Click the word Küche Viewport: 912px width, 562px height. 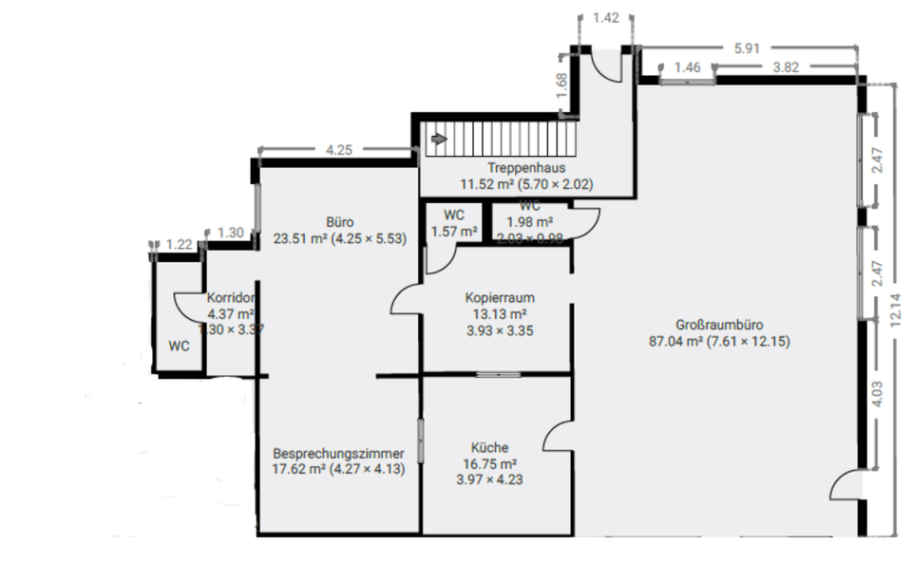pos(489,447)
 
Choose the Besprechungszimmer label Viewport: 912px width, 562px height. pos(338,453)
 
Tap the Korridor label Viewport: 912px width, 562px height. pos(230,297)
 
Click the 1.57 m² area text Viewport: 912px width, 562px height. pos(451,231)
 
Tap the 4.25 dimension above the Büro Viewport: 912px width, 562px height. pos(339,149)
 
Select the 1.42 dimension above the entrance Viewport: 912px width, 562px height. pos(605,17)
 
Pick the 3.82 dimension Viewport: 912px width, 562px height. pos(787,67)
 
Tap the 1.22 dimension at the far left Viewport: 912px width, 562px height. pos(179,244)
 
